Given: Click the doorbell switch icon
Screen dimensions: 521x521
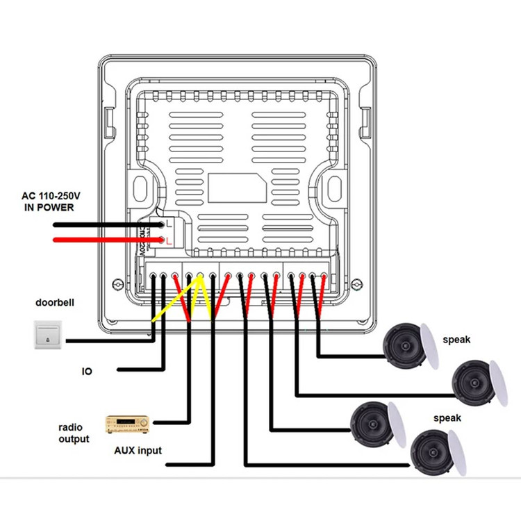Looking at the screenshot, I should click(48, 335).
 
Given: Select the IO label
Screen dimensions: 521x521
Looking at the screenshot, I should click(87, 372).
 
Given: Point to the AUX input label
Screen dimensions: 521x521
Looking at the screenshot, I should click(138, 450).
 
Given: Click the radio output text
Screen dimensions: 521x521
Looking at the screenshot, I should click(74, 433).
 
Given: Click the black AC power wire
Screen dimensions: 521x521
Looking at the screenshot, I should click(104, 225).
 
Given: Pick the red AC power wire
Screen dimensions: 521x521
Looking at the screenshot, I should click(104, 241).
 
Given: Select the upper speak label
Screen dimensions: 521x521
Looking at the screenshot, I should click(456, 340).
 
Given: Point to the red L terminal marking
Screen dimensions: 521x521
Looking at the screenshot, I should click(169, 240).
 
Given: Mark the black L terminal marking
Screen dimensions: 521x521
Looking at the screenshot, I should click(169, 224).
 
